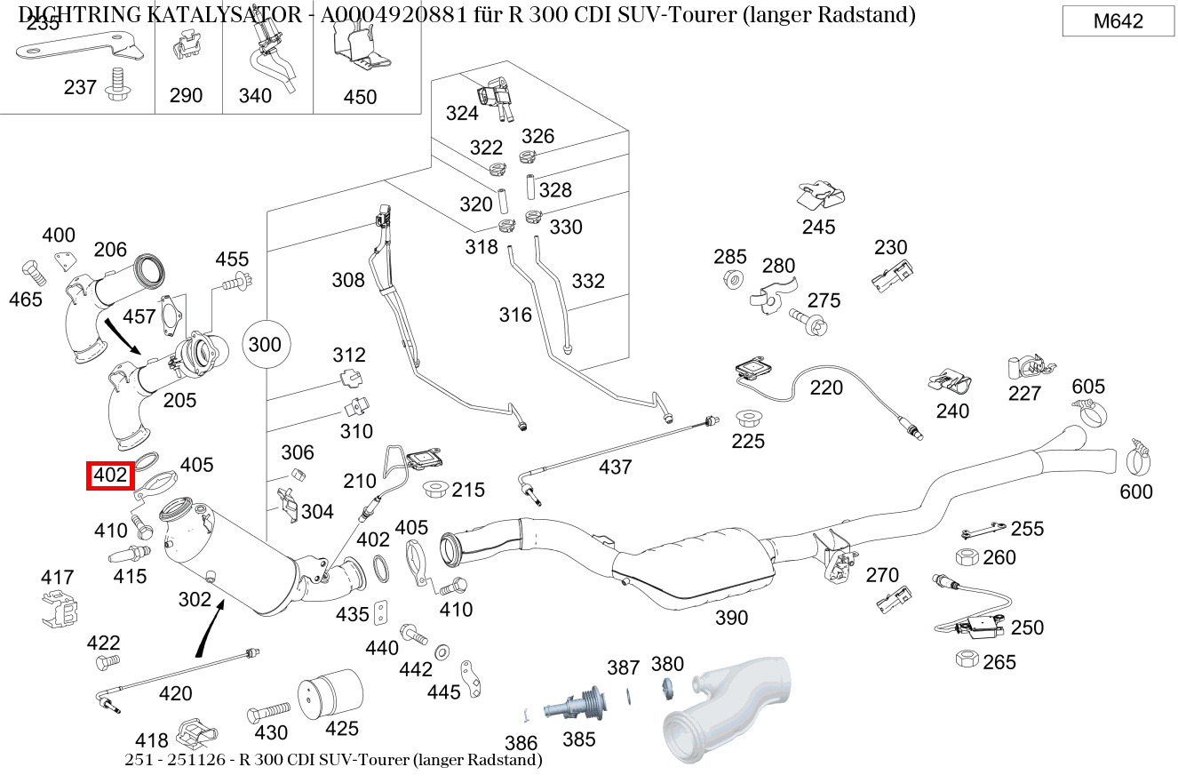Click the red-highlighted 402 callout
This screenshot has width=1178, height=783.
tap(110, 475)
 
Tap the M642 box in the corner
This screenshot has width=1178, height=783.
tap(1118, 21)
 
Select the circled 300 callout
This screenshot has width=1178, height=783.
tap(264, 345)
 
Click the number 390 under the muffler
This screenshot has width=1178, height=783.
tap(731, 618)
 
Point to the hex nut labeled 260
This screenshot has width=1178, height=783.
tap(967, 557)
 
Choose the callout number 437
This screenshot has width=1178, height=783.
tap(615, 467)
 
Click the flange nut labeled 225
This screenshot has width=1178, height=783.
tap(747, 417)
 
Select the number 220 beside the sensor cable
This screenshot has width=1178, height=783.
tap(826, 388)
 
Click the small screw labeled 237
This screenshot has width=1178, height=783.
tap(114, 84)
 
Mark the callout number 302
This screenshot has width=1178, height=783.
tap(195, 599)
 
